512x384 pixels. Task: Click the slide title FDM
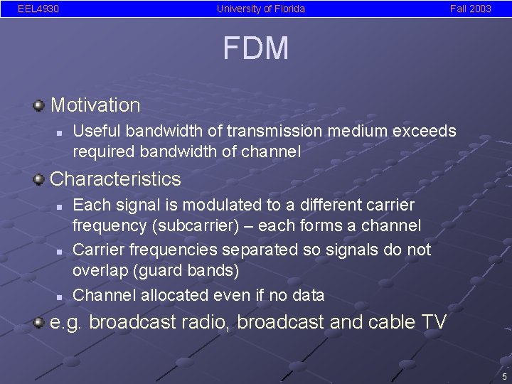pos(255,48)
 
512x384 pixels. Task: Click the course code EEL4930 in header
pos(38,9)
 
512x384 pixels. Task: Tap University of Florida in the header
pos(261,9)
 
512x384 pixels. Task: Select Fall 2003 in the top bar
pos(470,9)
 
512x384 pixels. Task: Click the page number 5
pos(503,376)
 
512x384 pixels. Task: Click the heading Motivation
pos(95,105)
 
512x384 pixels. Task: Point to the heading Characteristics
pos(115,178)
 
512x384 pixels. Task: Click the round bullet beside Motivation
pos(38,105)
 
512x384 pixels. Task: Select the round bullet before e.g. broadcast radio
pos(38,321)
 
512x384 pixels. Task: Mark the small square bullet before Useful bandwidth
pos(60,132)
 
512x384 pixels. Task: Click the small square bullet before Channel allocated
pos(60,295)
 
